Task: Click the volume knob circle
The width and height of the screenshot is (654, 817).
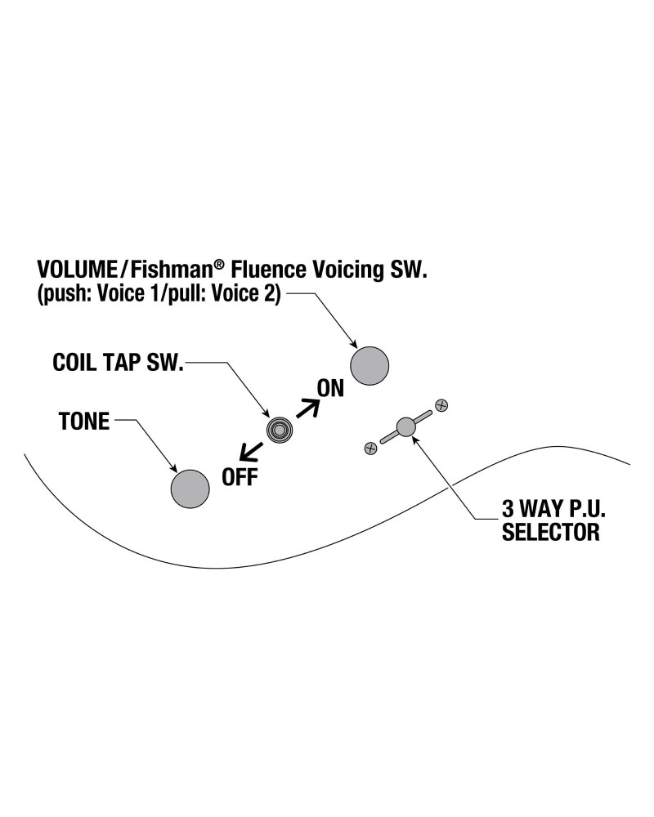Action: (x=370, y=366)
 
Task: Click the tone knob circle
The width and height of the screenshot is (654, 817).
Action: (x=190, y=489)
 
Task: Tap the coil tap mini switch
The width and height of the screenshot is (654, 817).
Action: (x=280, y=430)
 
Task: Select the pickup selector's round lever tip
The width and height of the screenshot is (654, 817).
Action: (x=405, y=427)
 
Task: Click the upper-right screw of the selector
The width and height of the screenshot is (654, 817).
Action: (x=441, y=405)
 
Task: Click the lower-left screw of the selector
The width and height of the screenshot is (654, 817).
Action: (x=371, y=448)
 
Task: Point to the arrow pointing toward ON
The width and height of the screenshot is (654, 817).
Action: (x=307, y=408)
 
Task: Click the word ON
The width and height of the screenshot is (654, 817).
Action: (x=330, y=389)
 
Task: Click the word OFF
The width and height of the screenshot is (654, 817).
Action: (x=240, y=477)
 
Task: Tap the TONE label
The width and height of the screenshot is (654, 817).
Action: (x=84, y=421)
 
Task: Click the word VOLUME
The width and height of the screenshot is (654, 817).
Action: (x=77, y=270)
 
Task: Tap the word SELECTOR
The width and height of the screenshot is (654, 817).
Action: (x=551, y=532)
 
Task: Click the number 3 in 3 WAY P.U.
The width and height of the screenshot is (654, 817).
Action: (x=508, y=508)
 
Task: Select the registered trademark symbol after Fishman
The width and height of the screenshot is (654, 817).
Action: (x=219, y=265)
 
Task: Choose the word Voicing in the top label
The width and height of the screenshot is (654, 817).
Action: (x=347, y=270)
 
